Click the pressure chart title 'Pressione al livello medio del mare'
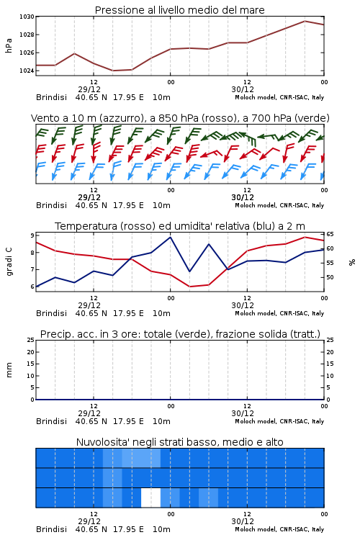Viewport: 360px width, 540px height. (179, 10)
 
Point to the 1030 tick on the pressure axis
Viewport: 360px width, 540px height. (27, 17)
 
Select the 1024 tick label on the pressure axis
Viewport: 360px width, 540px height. (27, 71)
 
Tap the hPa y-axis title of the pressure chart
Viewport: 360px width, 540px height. (9, 45)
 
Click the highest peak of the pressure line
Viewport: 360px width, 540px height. (305, 21)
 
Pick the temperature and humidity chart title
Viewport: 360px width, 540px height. (180, 226)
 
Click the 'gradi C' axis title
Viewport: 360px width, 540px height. (9, 261)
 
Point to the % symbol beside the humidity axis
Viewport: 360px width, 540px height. (352, 262)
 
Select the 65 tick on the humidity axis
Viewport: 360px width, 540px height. (330, 234)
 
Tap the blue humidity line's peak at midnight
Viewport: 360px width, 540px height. (170, 237)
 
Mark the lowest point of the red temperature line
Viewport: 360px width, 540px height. (189, 287)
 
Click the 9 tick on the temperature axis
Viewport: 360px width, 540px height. (32, 235)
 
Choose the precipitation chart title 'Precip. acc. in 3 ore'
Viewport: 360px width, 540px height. (179, 334)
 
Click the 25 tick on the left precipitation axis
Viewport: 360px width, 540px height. (31, 340)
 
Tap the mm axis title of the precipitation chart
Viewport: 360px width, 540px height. (9, 369)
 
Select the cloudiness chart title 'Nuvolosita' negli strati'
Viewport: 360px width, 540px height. (179, 442)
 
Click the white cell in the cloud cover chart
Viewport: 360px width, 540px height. (151, 498)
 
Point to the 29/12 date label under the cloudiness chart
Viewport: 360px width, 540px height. (89, 521)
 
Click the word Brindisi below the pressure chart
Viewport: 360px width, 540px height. (51, 97)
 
